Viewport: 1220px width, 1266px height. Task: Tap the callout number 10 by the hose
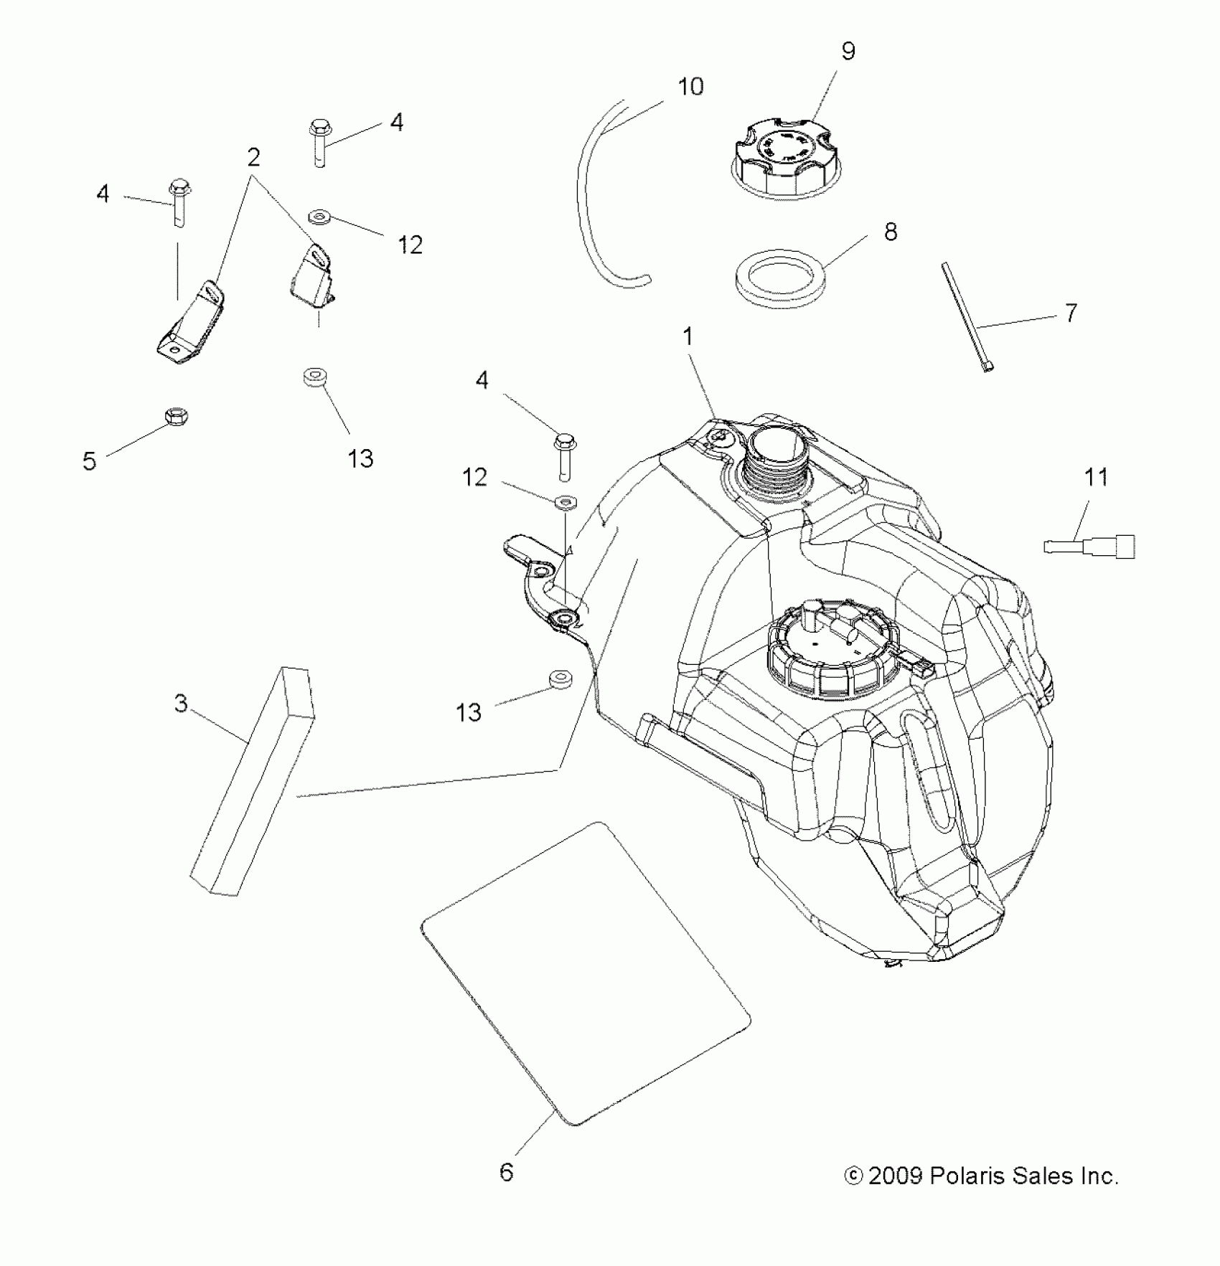tap(690, 87)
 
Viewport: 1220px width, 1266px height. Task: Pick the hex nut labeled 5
tap(177, 415)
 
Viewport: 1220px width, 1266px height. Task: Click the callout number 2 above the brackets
tap(253, 157)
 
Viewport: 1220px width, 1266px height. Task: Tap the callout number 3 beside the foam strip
tap(181, 704)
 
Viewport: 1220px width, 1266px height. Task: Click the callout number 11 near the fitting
tap(1096, 477)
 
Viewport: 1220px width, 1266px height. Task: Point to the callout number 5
tap(89, 461)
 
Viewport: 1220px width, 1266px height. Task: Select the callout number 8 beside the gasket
tap(891, 232)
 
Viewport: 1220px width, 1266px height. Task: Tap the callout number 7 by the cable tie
tap(1071, 313)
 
